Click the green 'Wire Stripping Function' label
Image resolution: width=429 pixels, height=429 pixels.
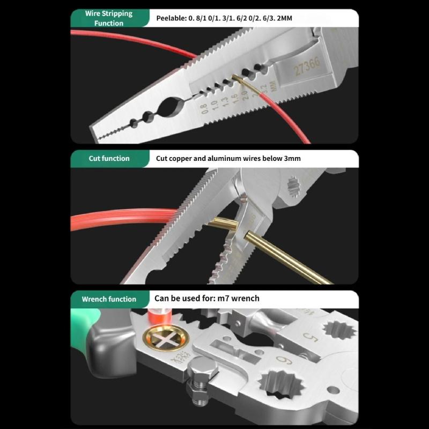click(x=109, y=18)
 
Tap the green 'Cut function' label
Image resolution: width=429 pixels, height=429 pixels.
click(x=109, y=159)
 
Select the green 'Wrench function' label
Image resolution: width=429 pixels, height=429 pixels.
click(x=109, y=299)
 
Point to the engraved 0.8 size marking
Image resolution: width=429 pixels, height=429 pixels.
click(x=204, y=110)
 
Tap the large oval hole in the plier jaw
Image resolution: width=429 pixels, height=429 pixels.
click(x=173, y=107)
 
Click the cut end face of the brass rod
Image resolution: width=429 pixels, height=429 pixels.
click(x=250, y=236)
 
